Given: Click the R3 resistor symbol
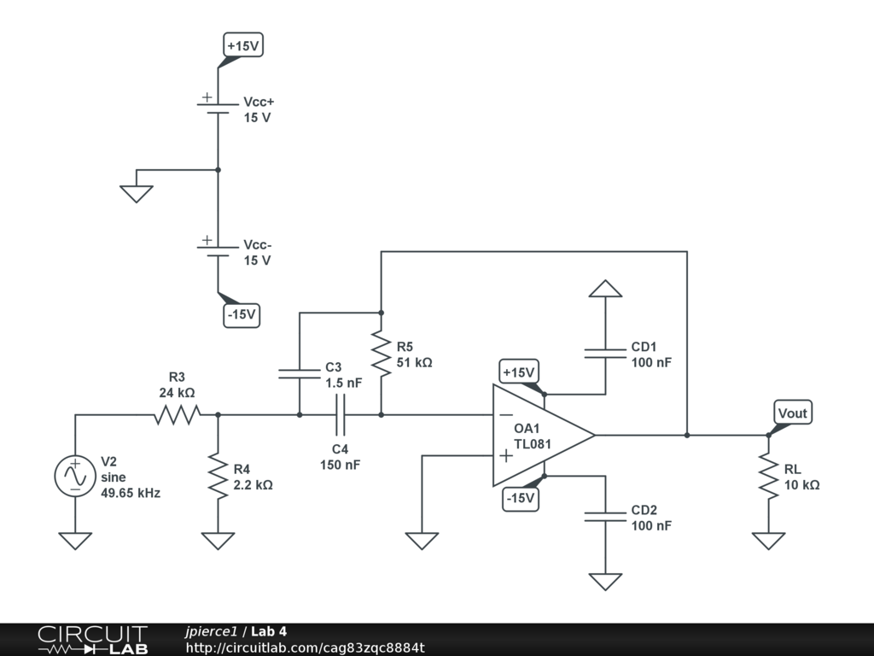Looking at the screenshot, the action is pyautogui.click(x=178, y=415).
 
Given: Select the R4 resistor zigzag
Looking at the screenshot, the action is pyautogui.click(x=218, y=476).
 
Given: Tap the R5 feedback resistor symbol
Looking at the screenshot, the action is pyautogui.click(x=382, y=354).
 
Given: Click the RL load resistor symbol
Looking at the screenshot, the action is pyautogui.click(x=769, y=476).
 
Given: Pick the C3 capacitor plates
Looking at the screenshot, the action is pyautogui.click(x=300, y=374).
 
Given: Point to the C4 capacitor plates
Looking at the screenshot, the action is pyautogui.click(x=340, y=415).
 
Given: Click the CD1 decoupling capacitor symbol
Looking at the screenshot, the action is pyautogui.click(x=605, y=354).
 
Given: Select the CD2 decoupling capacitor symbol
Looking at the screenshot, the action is pyautogui.click(x=605, y=517).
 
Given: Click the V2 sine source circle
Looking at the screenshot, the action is pyautogui.click(x=75, y=476).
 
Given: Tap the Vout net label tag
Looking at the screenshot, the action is pyautogui.click(x=792, y=413).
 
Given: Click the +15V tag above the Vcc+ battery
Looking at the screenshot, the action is pyautogui.click(x=243, y=45).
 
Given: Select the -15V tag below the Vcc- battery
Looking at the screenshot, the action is pyautogui.click(x=242, y=315).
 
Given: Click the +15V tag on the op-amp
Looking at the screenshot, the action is pyautogui.click(x=518, y=372).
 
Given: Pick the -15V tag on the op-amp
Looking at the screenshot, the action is pyautogui.click(x=521, y=498).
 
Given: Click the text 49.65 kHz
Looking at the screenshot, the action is pyautogui.click(x=131, y=493).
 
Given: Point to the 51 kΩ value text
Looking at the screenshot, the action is pyautogui.click(x=414, y=362).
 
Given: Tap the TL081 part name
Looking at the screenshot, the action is pyautogui.click(x=533, y=444).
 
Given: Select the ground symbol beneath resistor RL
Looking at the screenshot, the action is pyautogui.click(x=769, y=541).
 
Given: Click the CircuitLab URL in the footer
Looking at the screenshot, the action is pyautogui.click(x=306, y=647).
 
